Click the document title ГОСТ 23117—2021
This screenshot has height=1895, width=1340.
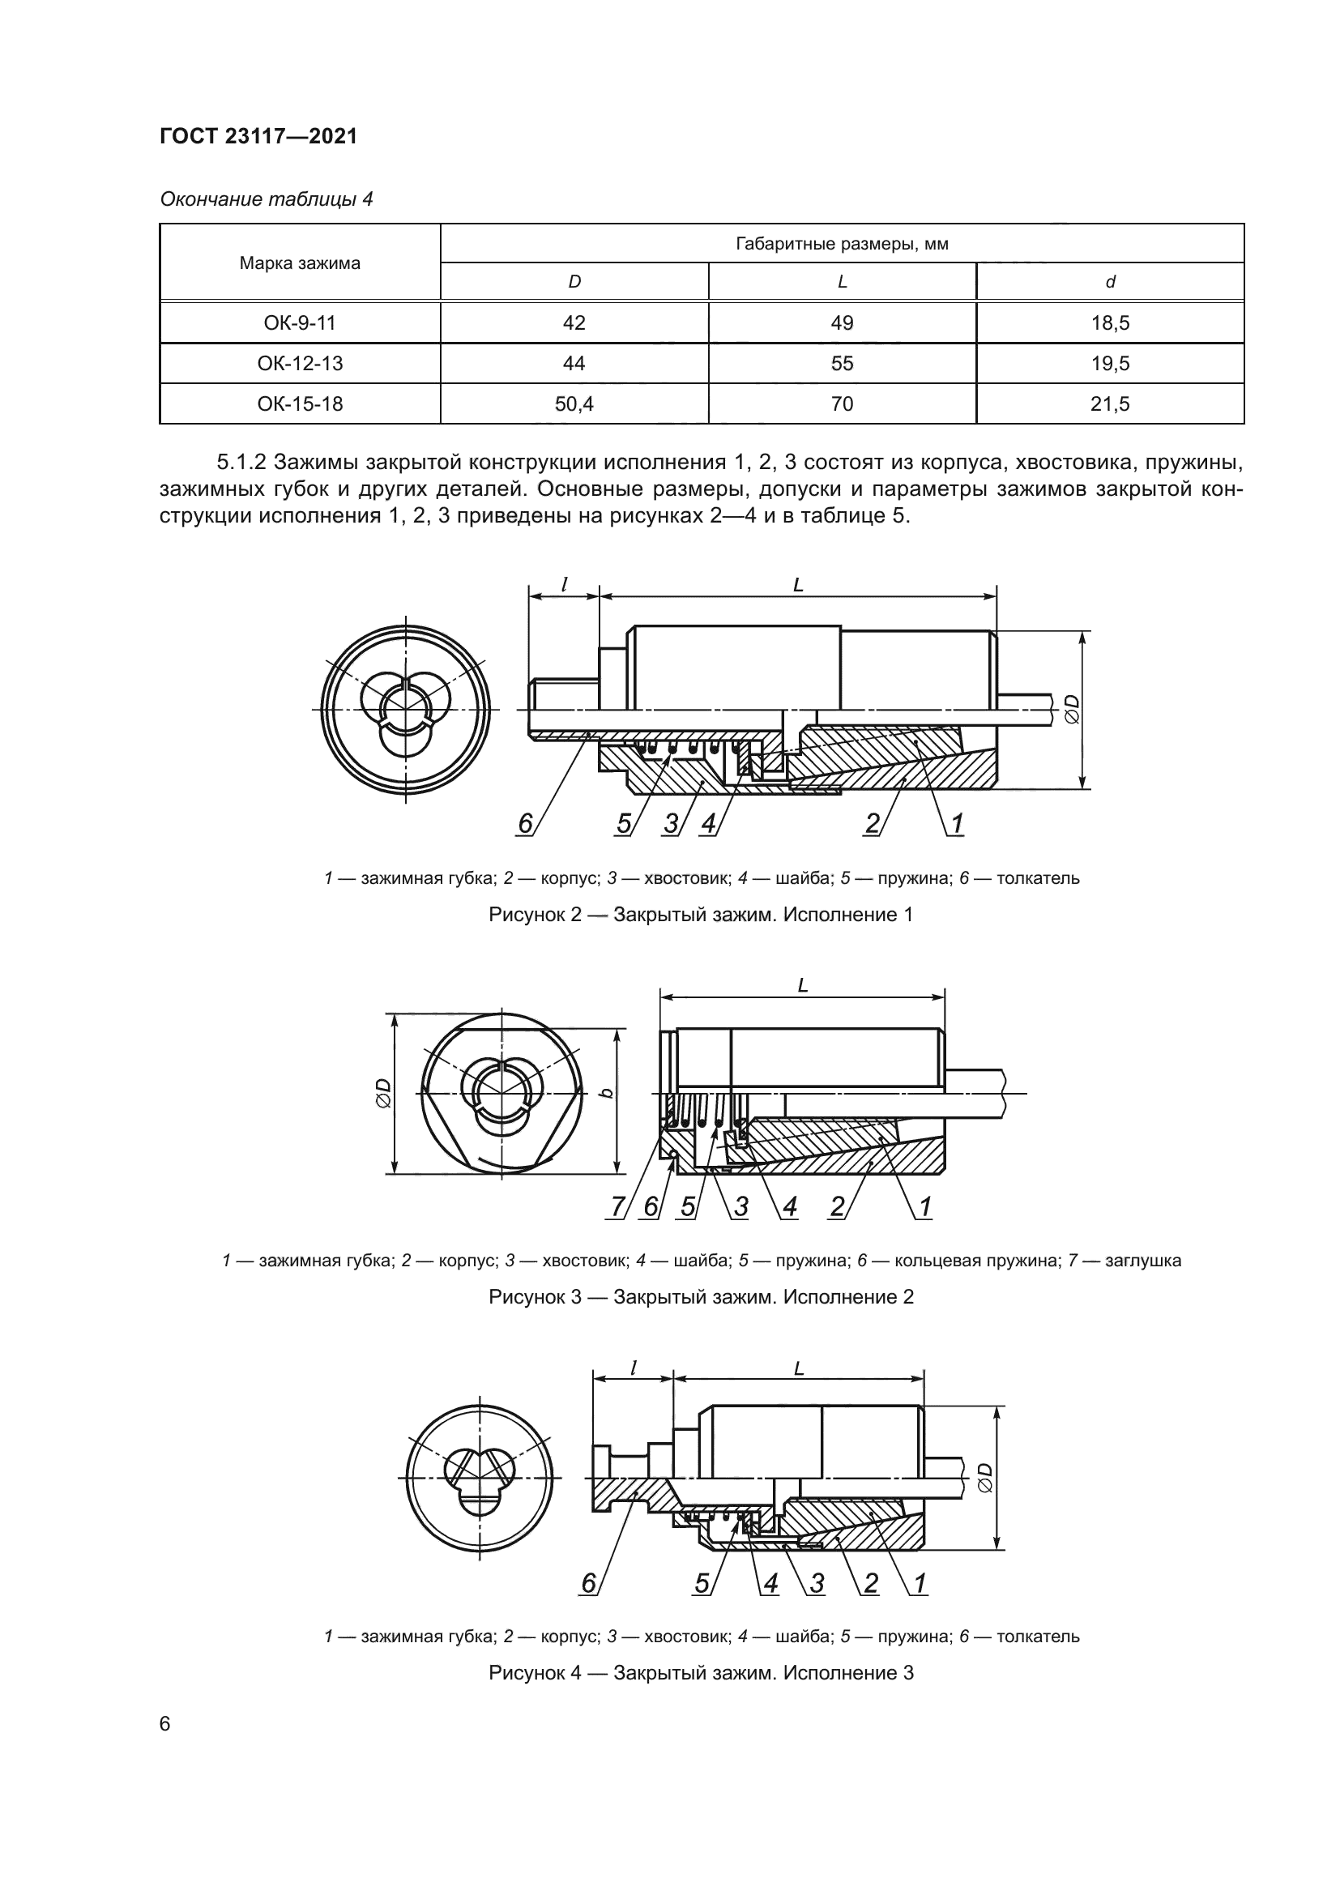coord(258,136)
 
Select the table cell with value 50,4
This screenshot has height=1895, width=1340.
coord(574,404)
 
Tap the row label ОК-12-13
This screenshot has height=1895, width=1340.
coord(300,364)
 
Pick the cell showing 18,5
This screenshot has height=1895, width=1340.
coord(1110,323)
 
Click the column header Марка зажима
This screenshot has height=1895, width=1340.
coord(300,263)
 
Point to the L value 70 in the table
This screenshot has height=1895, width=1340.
coord(842,404)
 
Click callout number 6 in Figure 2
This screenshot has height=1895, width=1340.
coord(525,823)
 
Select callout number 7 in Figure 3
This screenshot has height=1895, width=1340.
coord(617,1206)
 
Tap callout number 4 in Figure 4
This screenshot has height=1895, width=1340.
coord(770,1583)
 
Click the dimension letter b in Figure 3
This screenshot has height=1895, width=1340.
coord(608,1093)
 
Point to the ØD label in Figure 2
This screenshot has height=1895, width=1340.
coord(1072,708)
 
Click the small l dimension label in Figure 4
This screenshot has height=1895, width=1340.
coord(633,1368)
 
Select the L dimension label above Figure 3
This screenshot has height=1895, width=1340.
coord(802,985)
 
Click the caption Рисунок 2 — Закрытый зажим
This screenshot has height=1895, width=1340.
coord(701,915)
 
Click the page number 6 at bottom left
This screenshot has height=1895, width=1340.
coord(165,1724)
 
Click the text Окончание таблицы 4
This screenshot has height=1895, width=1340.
coord(267,199)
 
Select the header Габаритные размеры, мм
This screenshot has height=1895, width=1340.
coord(842,244)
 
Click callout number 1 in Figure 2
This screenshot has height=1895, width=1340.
coord(957,823)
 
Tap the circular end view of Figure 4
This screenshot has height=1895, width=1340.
coord(480,1483)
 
